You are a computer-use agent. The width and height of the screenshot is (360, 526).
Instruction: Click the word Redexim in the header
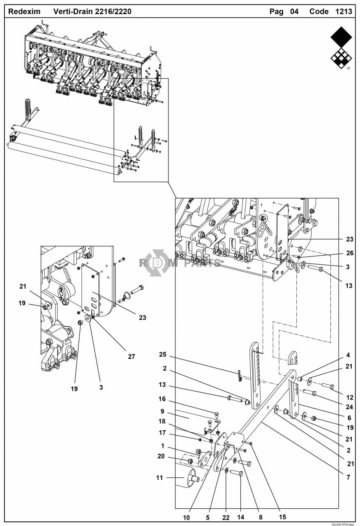click(x=24, y=12)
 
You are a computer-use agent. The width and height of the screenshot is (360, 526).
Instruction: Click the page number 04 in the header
click(x=294, y=12)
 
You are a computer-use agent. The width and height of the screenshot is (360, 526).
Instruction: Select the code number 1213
click(x=344, y=12)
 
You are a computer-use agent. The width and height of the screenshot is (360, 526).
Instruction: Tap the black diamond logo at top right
click(x=341, y=48)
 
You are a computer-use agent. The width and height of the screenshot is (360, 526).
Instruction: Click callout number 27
click(x=132, y=356)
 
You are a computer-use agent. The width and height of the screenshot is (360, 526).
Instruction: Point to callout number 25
click(x=162, y=354)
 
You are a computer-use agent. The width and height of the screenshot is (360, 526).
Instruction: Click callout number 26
click(x=350, y=253)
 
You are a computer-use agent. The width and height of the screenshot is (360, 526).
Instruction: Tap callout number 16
click(x=162, y=399)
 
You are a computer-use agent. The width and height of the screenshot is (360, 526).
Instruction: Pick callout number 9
click(x=162, y=411)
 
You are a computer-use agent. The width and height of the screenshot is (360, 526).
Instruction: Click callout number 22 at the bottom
click(x=226, y=517)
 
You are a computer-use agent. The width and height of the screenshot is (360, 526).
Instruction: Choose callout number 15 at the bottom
click(x=282, y=517)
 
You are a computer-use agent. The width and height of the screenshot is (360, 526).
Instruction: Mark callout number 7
click(x=348, y=477)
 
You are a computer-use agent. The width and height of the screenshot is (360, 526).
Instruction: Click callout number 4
click(x=348, y=355)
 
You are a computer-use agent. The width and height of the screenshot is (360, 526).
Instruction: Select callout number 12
click(x=350, y=397)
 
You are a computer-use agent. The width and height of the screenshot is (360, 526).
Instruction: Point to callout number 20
click(x=161, y=456)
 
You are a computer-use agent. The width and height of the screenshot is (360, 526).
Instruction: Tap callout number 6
click(x=349, y=418)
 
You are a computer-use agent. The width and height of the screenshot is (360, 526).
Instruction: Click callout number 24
click(x=349, y=407)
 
